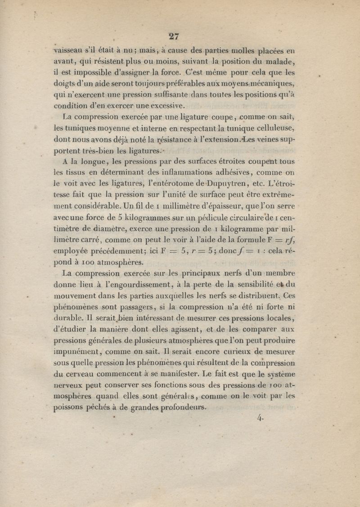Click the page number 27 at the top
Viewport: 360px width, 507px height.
click(173, 36)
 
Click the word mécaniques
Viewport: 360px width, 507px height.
click(269, 83)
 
